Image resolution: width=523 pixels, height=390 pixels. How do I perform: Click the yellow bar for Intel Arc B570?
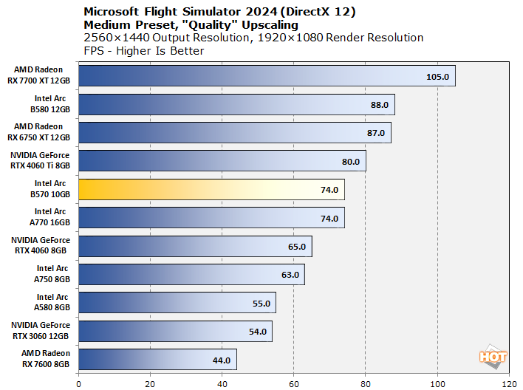[211, 190]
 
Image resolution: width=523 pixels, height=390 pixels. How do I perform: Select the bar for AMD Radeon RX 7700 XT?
[266, 76]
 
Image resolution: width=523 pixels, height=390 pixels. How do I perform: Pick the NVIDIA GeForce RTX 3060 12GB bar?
[174, 332]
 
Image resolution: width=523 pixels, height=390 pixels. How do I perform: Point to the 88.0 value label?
[380, 105]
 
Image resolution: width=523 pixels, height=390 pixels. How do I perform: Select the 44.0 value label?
[222, 360]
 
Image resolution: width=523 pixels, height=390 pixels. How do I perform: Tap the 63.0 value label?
[290, 275]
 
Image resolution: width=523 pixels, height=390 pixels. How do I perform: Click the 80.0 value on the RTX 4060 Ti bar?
[351, 162]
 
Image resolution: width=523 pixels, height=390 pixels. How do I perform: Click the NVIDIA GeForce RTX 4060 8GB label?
[41, 246]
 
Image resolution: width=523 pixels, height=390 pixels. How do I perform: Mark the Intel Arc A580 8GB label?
[52, 303]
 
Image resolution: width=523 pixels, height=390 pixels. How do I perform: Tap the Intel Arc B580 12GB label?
[52, 104]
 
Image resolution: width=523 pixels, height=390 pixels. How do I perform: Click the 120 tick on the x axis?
[509, 383]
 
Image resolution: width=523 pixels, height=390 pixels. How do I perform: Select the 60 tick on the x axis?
[294, 383]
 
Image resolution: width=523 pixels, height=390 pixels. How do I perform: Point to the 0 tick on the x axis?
[78, 383]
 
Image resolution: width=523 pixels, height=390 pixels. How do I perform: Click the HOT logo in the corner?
[493, 356]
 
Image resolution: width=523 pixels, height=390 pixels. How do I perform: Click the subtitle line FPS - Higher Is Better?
[144, 50]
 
